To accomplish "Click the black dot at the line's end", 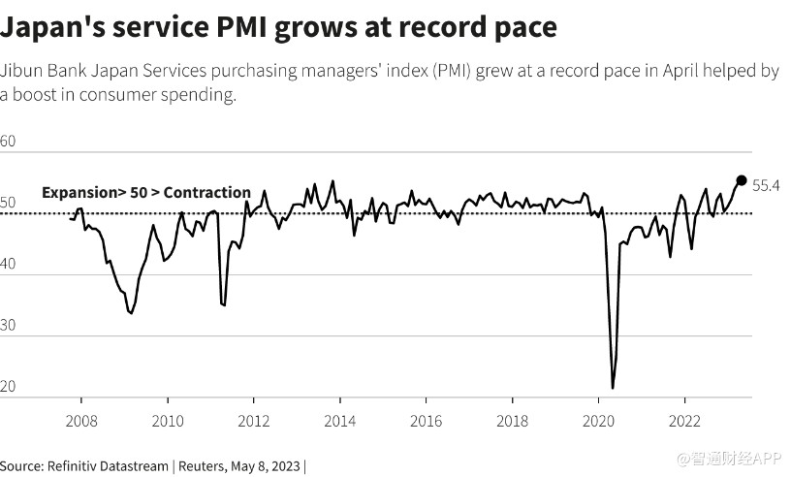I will pos(742,180).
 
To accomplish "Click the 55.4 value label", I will pos(767,185).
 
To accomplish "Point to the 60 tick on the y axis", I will pos(9,142).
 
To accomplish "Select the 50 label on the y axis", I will pos(9,202).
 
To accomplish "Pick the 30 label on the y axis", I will pos(9,326).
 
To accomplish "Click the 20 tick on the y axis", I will pos(9,387).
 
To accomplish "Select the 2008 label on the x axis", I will pos(80,422).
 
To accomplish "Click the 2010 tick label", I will pos(168,422).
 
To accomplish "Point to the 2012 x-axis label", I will pos(254,422).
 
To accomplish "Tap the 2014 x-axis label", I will pos(340,422).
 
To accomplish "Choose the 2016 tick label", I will pos(427,422).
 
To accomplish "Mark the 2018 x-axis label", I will pos(513,422).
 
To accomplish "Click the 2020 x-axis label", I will pos(599,422).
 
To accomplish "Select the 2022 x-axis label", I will pos(685,422).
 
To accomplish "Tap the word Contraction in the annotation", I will pos(206,193).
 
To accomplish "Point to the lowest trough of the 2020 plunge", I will pos(613,388).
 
